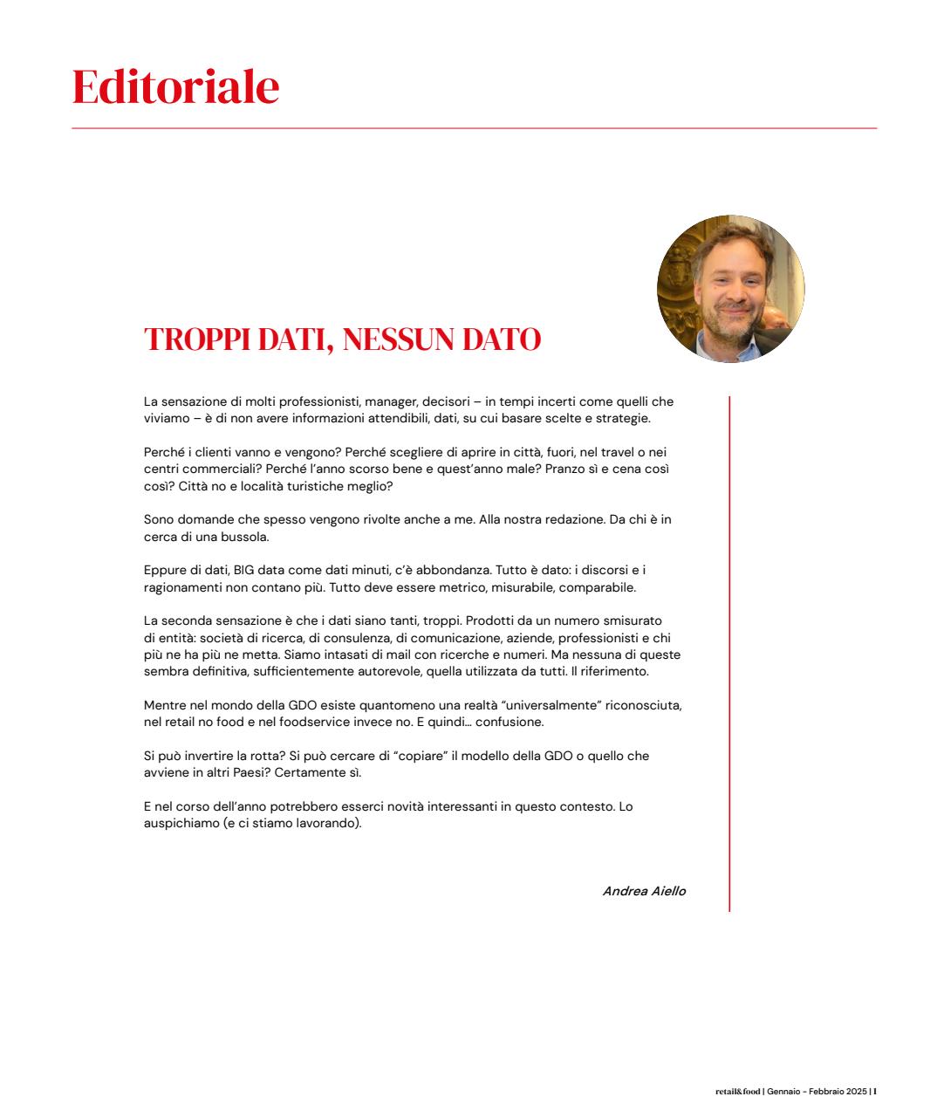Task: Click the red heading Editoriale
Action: coord(175,86)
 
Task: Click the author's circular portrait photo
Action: coord(730,289)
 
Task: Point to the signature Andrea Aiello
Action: coord(644,891)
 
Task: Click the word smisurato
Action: coord(633,621)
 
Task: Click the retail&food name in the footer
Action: coord(737,1091)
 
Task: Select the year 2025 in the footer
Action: coord(854,1091)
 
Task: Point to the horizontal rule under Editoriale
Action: coord(474,128)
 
